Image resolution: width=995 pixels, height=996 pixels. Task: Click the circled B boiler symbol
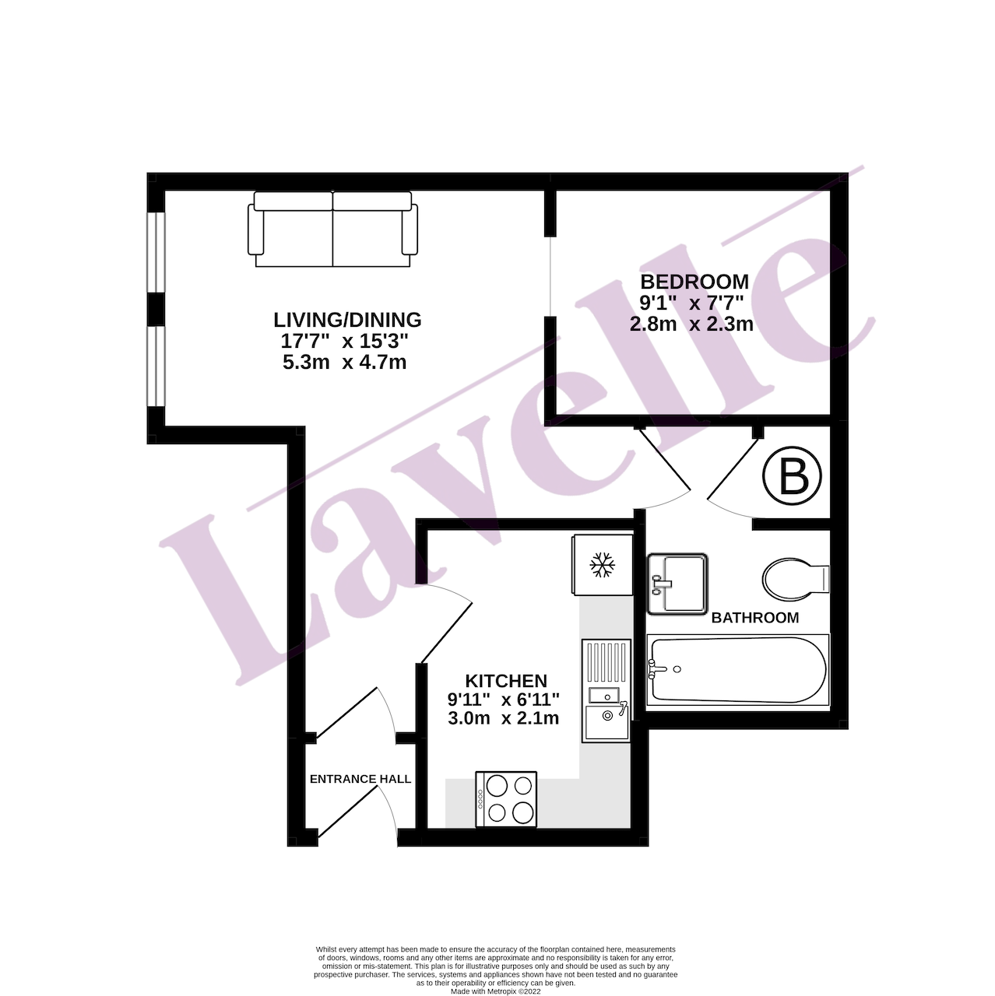click(792, 475)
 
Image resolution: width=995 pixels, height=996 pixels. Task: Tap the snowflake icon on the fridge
click(603, 564)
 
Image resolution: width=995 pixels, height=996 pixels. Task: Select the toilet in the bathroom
click(796, 579)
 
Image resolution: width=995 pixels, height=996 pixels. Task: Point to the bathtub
click(737, 670)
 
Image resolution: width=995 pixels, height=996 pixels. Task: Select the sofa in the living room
click(332, 229)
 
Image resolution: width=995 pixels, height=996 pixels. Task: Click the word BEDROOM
click(694, 282)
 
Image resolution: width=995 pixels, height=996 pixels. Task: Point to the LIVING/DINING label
click(347, 321)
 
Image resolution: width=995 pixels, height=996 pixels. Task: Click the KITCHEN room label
click(506, 680)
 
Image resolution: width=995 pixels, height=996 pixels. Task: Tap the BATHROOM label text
click(755, 618)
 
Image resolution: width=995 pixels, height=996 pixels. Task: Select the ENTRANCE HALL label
click(360, 779)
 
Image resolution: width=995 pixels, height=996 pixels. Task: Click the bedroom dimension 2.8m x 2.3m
click(691, 324)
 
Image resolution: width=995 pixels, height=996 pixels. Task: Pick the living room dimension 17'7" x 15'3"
click(344, 342)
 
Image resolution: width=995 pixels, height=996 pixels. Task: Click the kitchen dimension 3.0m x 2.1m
click(503, 718)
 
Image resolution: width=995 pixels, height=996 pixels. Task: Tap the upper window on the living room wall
click(156, 253)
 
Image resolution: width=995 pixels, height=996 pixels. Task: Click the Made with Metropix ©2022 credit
click(495, 992)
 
